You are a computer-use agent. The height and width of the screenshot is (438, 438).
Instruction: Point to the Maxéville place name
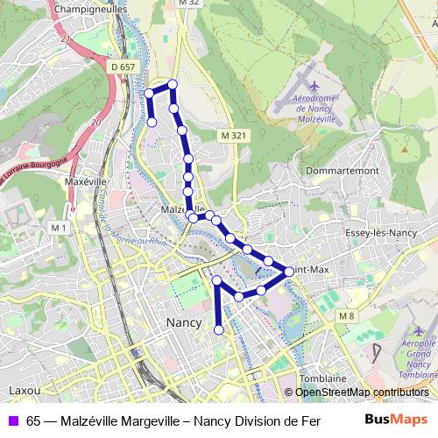[x=85, y=182]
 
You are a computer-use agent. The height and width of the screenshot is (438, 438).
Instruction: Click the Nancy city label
[x=183, y=322]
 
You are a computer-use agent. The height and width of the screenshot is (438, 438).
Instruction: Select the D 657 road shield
[x=124, y=67]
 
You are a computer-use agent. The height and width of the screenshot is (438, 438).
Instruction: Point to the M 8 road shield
[x=348, y=315]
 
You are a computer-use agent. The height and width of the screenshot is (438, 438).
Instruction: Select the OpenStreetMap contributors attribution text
[x=361, y=392]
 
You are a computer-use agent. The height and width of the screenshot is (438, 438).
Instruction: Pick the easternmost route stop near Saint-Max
[x=289, y=272]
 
